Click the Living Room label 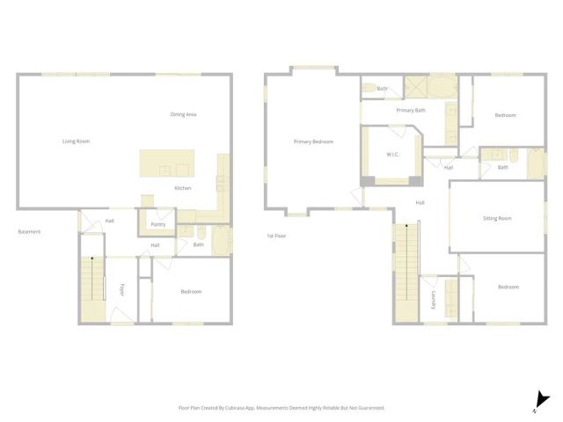point(76,141)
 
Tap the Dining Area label point(183,114)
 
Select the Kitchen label point(183,188)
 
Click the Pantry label point(158,224)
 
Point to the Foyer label point(121,289)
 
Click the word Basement point(29,232)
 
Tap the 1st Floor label point(277,236)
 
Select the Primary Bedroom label point(313,141)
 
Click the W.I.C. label point(392,155)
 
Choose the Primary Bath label point(411,110)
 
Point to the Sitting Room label point(497,218)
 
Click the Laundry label point(434,302)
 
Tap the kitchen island point(166,164)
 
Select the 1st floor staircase point(406,273)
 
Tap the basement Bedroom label point(191,292)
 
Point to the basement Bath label point(199,244)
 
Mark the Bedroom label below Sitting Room point(508,287)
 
